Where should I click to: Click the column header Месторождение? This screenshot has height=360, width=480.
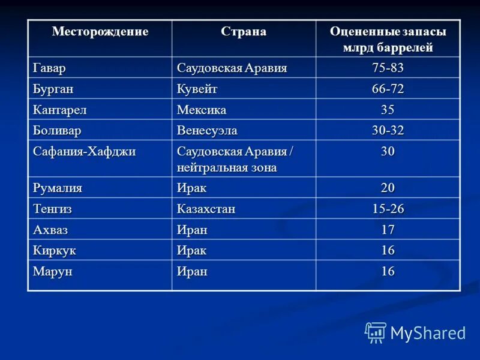[x=100, y=32]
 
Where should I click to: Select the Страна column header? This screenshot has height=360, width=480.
[x=244, y=32]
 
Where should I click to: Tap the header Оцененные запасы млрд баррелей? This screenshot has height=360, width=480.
[x=388, y=40]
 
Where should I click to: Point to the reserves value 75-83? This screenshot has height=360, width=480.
[x=388, y=68]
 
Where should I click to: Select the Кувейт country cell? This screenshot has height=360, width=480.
[x=197, y=89]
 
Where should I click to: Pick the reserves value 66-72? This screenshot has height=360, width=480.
[x=388, y=89]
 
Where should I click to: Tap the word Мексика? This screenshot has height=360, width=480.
[x=202, y=110]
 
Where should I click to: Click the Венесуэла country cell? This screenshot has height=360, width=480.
[x=207, y=130]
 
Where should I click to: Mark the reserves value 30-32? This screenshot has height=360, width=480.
[x=388, y=130]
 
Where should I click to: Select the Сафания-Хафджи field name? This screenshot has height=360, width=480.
[x=84, y=151]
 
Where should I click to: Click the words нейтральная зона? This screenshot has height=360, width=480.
[x=227, y=167]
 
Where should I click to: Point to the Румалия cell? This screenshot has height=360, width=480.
[x=58, y=188]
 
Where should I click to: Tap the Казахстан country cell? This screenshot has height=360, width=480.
[x=206, y=209]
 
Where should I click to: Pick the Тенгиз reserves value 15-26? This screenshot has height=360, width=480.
[x=388, y=209]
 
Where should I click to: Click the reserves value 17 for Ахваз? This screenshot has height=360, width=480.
[x=388, y=229]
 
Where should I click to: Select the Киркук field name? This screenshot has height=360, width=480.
[x=55, y=250]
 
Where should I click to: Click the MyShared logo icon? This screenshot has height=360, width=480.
[x=376, y=332]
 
